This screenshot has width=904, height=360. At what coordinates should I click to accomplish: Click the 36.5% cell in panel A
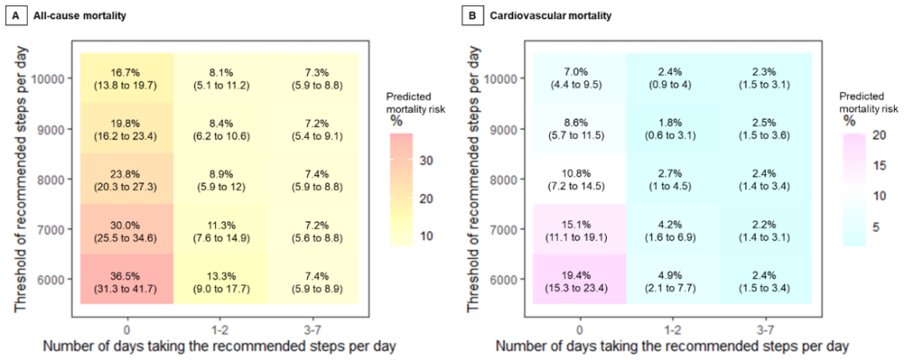pyautogui.click(x=126, y=279)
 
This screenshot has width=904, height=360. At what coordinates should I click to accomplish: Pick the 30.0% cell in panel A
pyautogui.click(x=126, y=229)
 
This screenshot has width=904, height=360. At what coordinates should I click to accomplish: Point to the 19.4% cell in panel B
pyautogui.click(x=578, y=279)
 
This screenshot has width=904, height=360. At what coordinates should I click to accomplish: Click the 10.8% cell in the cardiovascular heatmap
pyautogui.click(x=578, y=178)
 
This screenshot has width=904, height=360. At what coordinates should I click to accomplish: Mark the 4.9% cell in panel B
pyautogui.click(x=672, y=279)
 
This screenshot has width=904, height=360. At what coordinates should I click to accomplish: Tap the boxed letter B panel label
pyautogui.click(x=471, y=15)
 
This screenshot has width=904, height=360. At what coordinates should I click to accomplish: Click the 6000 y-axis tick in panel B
pyautogui.click(x=507, y=279)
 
